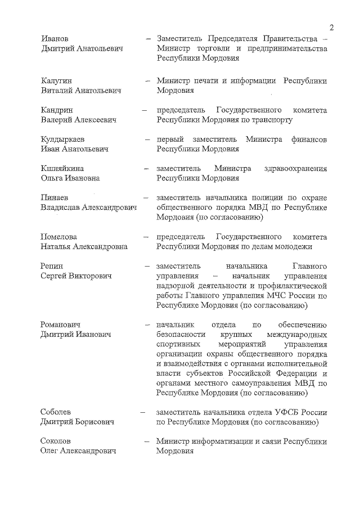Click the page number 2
tap(332, 28)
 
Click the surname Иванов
tap(55, 39)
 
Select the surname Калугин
tap(57, 81)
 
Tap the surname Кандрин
tap(57, 110)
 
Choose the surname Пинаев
tap(55, 197)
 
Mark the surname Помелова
tap(59, 237)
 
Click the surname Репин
tap(52, 266)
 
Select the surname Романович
tap(61, 325)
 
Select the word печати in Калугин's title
tap(206, 81)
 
